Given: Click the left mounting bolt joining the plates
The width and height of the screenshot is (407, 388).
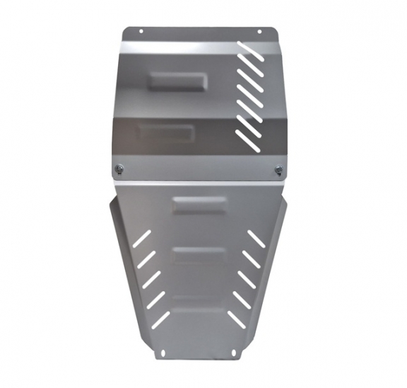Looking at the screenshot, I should [x=119, y=169].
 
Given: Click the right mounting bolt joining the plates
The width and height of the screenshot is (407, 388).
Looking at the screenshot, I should [x=279, y=169].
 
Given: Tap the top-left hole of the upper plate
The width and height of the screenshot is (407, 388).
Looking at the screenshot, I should [x=141, y=31].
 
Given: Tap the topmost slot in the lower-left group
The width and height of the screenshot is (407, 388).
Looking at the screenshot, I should [x=141, y=239].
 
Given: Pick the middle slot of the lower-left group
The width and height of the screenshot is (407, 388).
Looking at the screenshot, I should [x=151, y=280].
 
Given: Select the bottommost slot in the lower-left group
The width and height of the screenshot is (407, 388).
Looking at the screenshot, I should [x=161, y=320].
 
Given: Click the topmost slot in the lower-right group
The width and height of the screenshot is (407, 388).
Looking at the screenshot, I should [x=257, y=239].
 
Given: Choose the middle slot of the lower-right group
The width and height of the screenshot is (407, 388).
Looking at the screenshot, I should [x=247, y=280].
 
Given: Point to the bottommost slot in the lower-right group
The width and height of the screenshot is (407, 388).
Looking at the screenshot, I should [x=237, y=320].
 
